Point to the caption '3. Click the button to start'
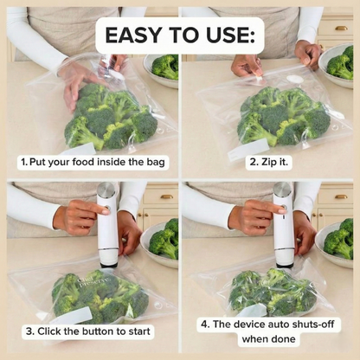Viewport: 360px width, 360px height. [89, 331]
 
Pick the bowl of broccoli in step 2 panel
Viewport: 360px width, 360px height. [338, 66]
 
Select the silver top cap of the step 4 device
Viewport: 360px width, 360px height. [283, 189]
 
